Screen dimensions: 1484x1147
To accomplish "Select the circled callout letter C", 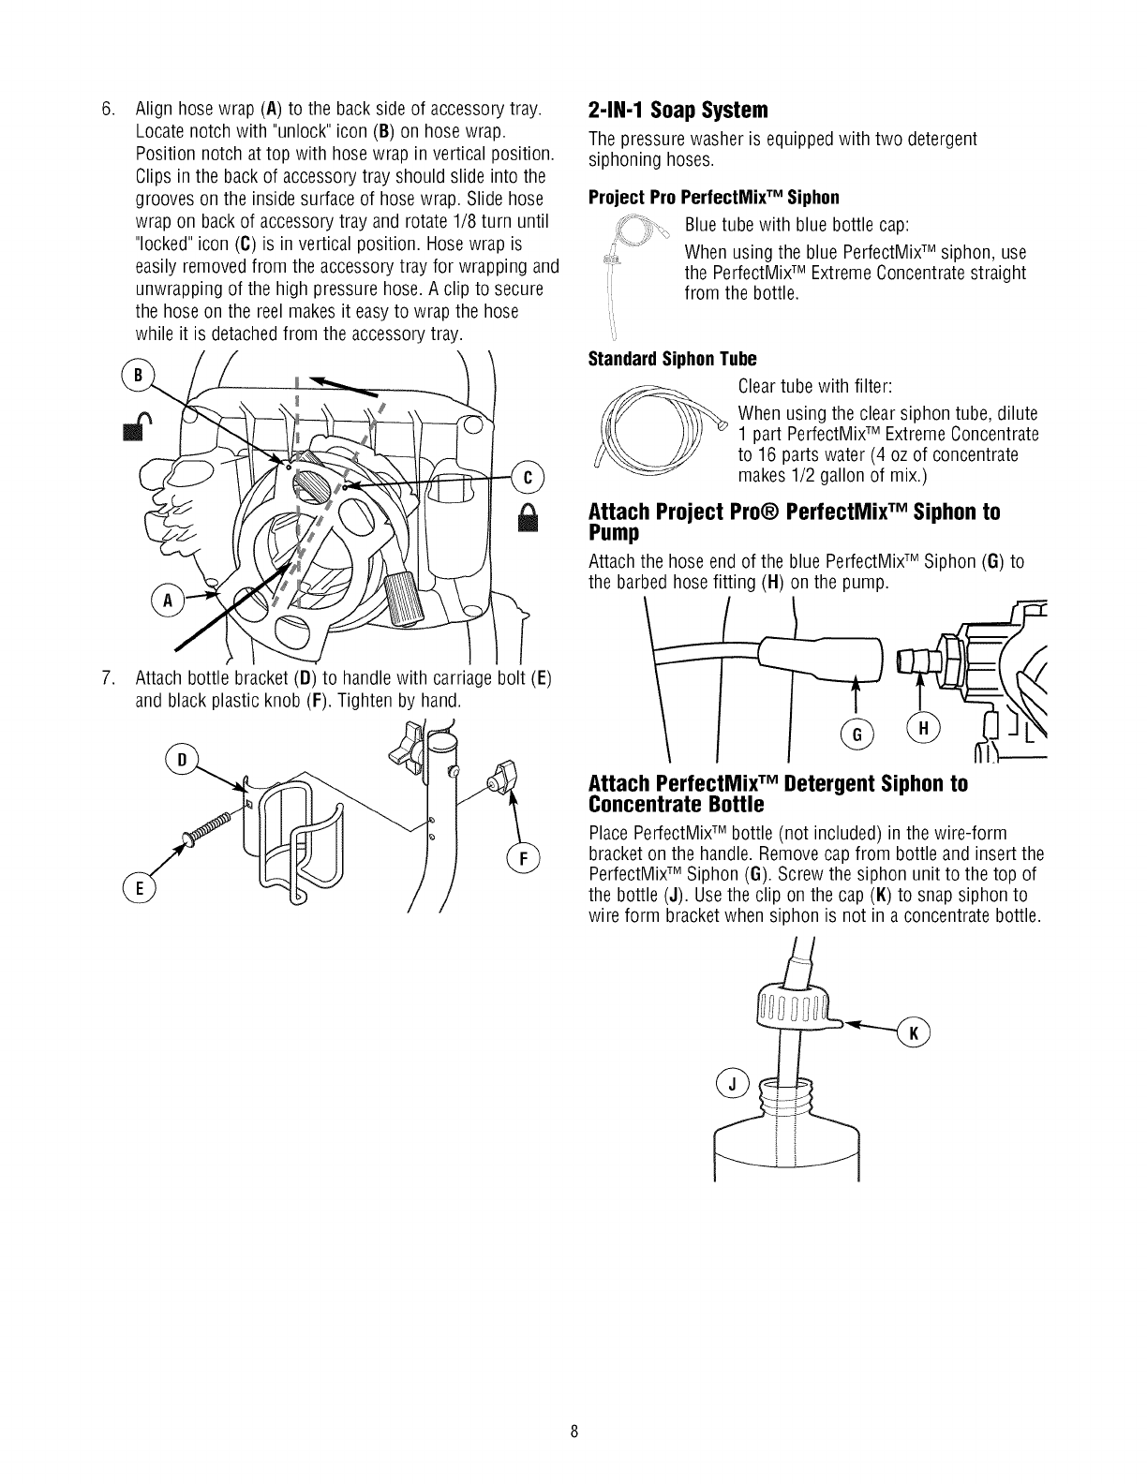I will click(528, 477).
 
